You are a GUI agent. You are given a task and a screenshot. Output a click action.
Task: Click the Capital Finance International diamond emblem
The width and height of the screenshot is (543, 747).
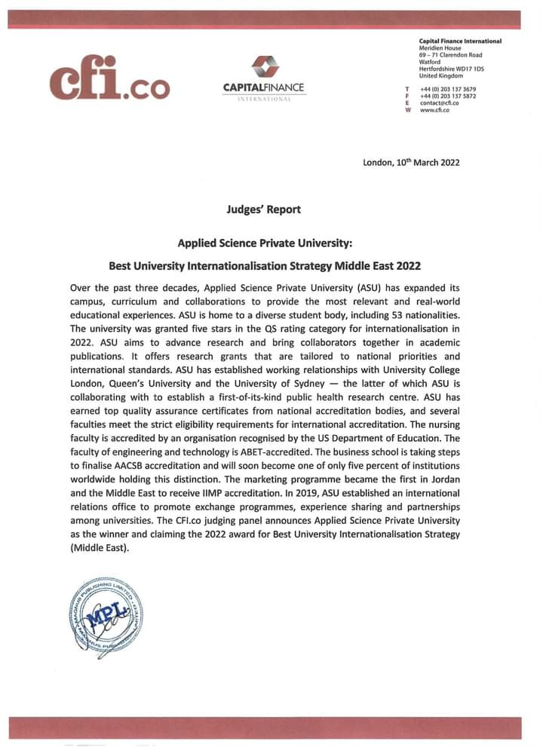[x=263, y=67]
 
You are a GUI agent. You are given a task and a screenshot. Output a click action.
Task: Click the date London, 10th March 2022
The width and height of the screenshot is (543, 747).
[x=411, y=162]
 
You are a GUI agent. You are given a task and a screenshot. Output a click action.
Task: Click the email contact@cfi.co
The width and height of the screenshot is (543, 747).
[x=439, y=103]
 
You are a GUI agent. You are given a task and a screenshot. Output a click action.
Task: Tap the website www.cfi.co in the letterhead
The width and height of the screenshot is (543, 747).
[x=434, y=110]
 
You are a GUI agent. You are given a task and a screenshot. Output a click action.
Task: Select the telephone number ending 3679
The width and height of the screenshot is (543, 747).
[x=448, y=90]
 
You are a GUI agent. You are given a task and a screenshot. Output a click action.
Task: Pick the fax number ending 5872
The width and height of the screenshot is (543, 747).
[x=448, y=96]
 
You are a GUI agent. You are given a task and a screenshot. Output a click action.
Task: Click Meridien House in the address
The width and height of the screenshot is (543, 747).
[x=440, y=48]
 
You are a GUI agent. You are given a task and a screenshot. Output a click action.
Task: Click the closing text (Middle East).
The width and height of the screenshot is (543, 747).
[x=100, y=548]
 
